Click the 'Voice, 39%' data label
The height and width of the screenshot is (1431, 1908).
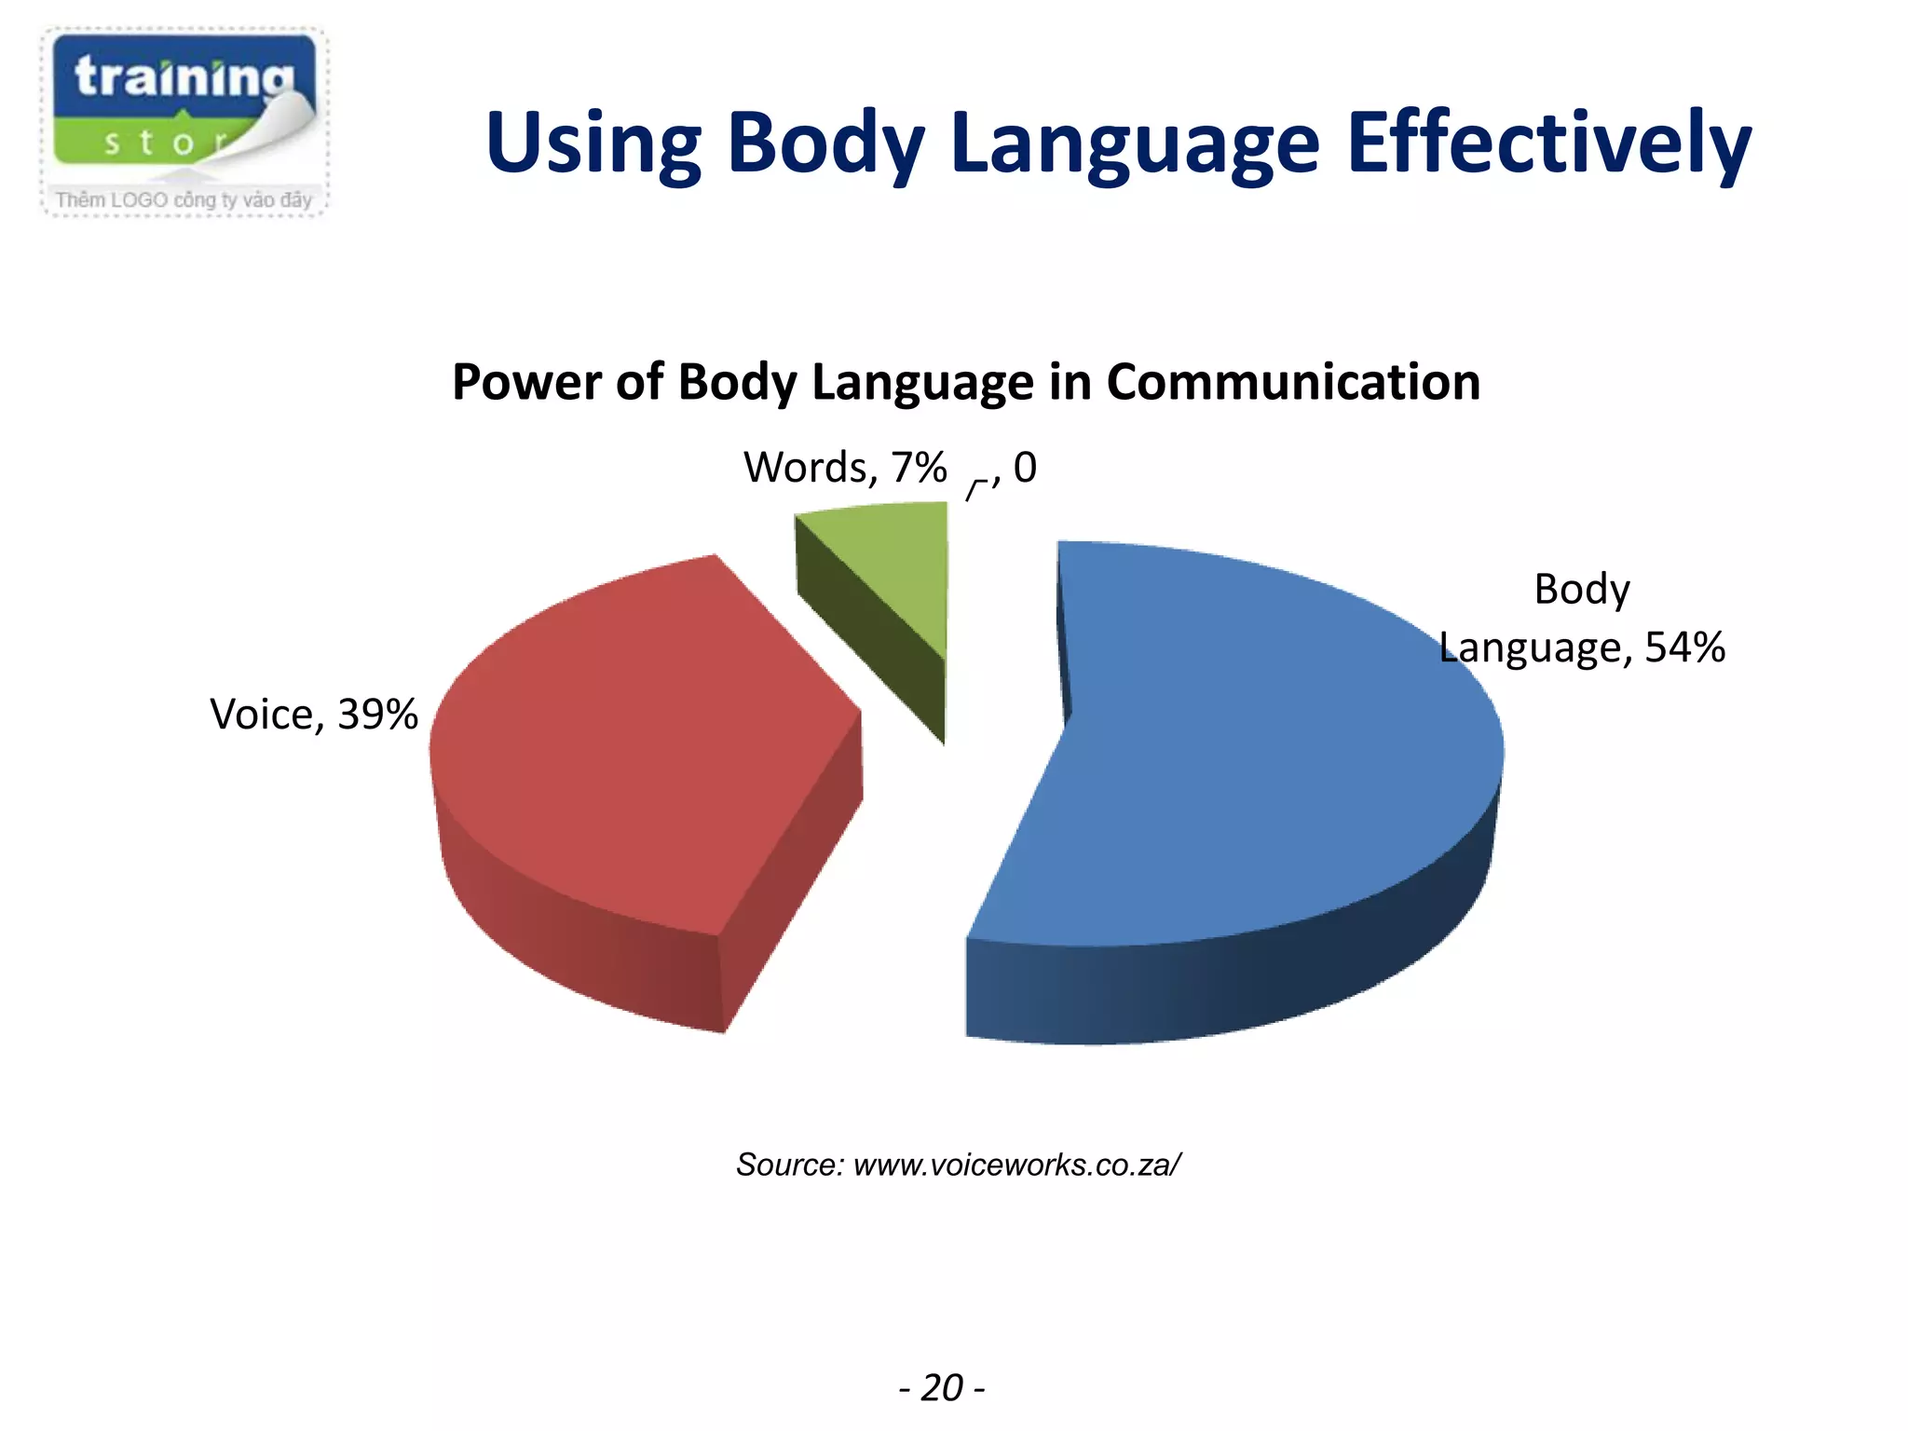tap(314, 715)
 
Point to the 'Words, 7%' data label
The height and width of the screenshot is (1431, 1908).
tap(845, 468)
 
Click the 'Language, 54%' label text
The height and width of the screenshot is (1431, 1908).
tap(1582, 647)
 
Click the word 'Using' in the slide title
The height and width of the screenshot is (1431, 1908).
tap(593, 144)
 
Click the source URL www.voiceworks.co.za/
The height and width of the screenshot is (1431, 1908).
tap(1017, 1165)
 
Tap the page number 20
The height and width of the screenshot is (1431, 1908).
tap(942, 1388)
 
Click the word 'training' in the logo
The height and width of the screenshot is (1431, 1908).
tap(184, 76)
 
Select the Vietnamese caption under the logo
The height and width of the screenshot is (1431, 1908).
tap(184, 199)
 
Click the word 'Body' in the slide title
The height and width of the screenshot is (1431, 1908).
tap(826, 144)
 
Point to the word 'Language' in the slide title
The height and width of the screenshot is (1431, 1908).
tap(1136, 144)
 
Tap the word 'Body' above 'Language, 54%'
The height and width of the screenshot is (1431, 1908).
tap(1582, 589)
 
